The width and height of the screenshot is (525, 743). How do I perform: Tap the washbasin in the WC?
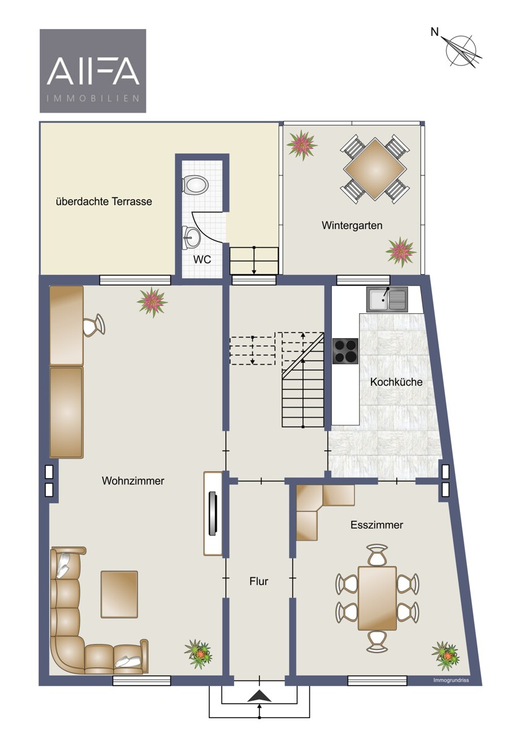point(190,237)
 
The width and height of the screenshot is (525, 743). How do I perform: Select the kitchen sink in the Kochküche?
point(387,299)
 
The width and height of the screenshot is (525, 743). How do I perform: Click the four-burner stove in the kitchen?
point(345,351)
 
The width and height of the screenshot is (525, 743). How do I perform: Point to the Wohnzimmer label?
point(133,480)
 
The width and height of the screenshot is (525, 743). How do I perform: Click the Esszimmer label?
point(377,525)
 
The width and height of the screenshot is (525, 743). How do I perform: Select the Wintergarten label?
point(352,225)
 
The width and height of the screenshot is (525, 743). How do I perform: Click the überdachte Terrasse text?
point(104,201)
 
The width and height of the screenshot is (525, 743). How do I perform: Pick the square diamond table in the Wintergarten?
point(375,169)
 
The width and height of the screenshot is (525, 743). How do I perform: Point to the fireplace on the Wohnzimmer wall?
point(213,513)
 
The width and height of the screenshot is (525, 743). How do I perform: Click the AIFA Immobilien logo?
point(93,71)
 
